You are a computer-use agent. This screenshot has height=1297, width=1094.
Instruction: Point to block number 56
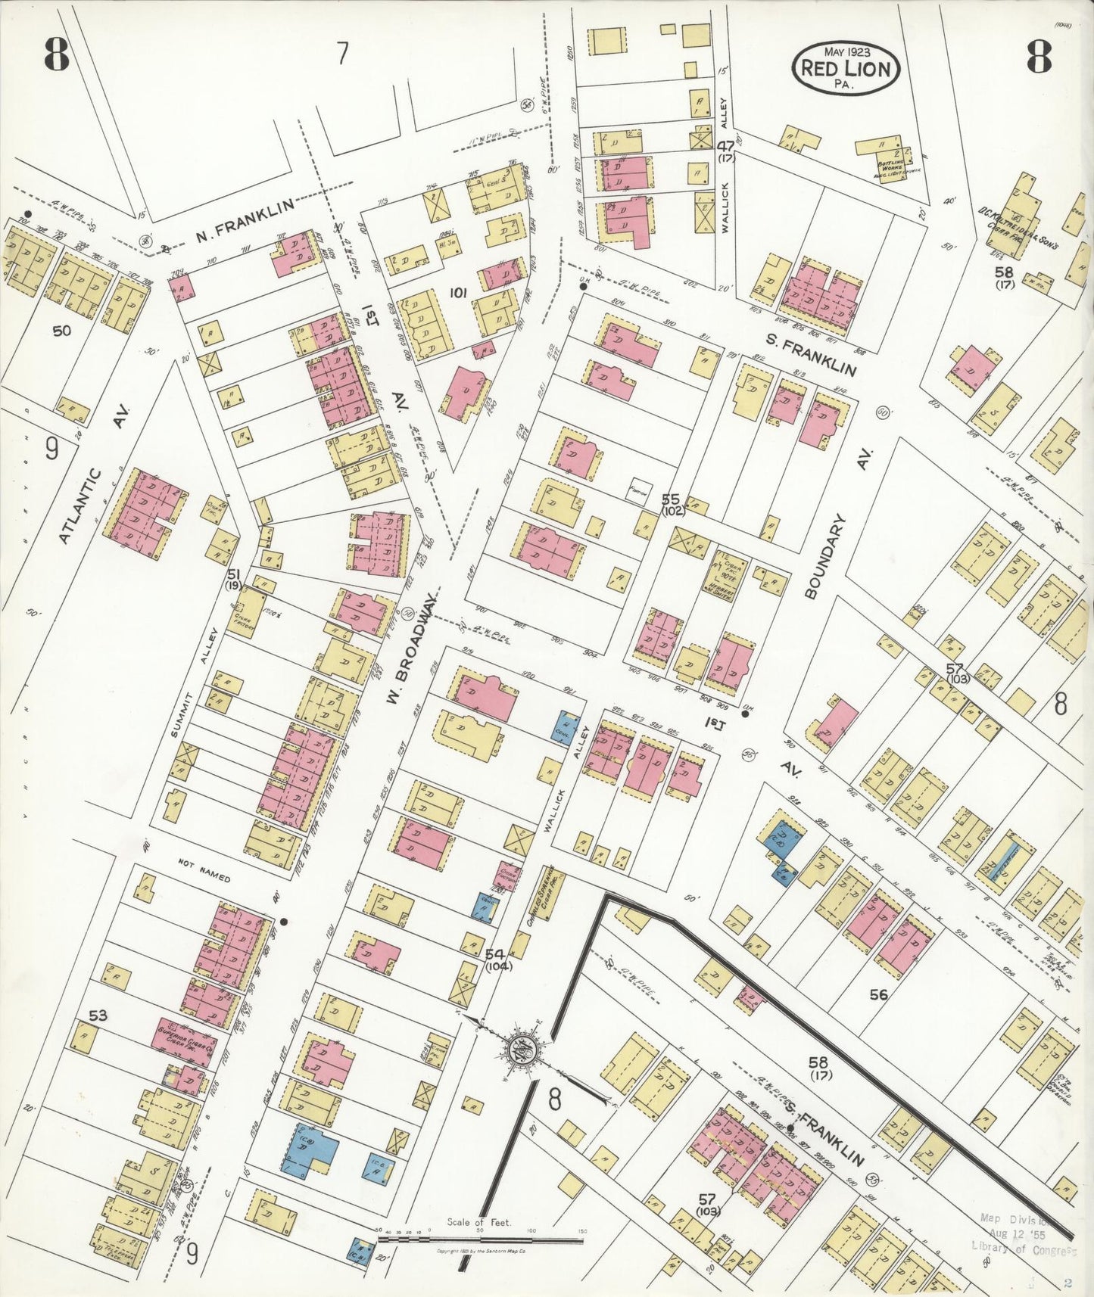click(878, 995)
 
